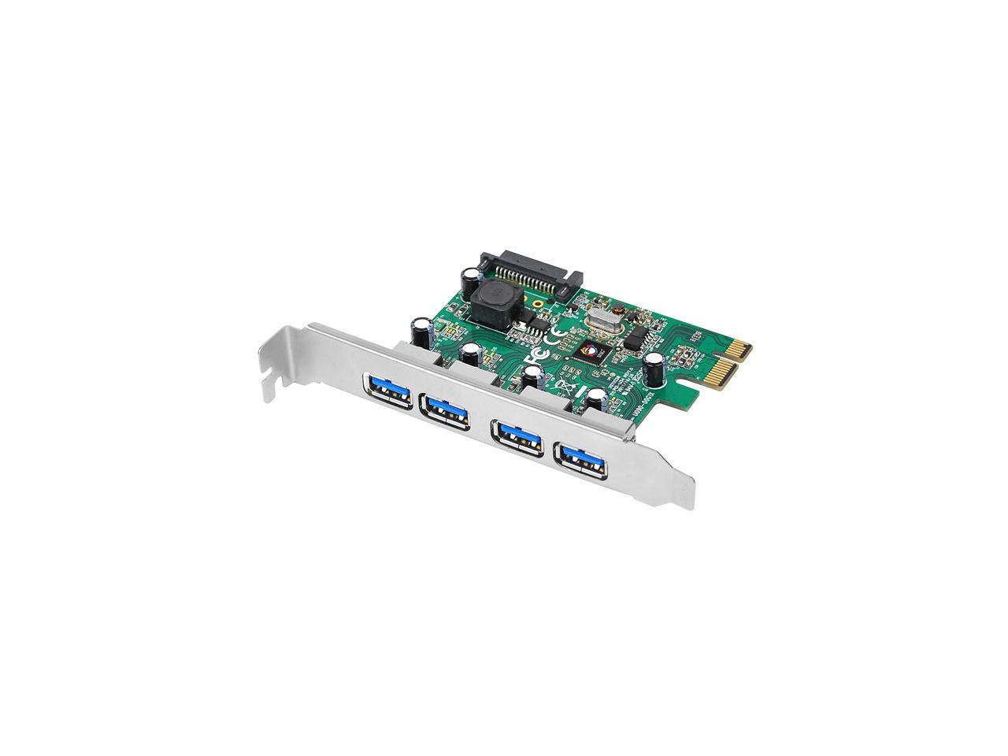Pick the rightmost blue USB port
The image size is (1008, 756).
[x=581, y=458]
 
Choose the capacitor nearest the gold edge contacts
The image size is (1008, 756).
[x=654, y=367]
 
